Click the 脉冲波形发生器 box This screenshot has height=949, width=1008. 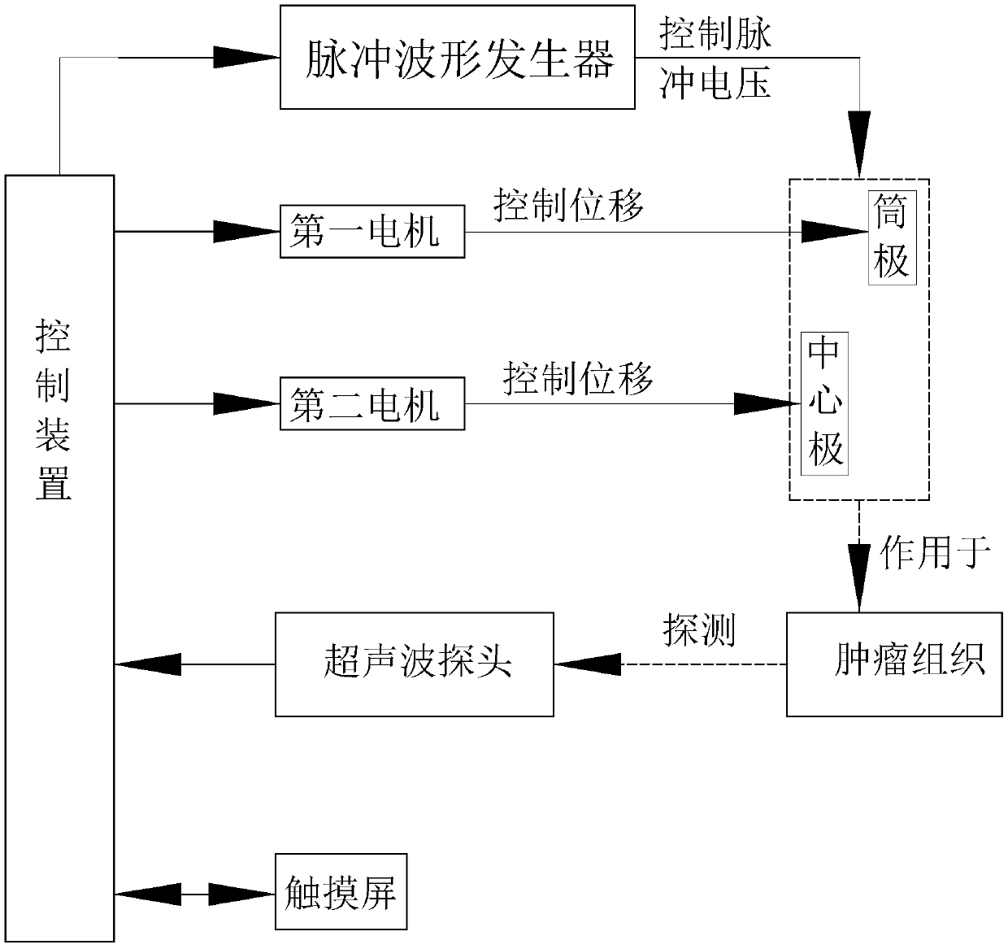[x=457, y=57]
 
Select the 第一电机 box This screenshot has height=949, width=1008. [x=371, y=232]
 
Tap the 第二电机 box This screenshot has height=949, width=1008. [x=371, y=403]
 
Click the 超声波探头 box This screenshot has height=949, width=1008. [x=414, y=664]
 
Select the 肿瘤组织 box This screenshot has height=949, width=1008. [x=893, y=664]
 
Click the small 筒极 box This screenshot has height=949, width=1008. [x=892, y=237]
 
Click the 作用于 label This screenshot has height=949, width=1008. [x=935, y=553]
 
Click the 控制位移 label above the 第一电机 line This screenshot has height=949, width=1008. [x=568, y=204]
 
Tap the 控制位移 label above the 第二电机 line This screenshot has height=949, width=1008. [x=578, y=377]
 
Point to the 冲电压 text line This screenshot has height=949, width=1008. [x=715, y=84]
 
